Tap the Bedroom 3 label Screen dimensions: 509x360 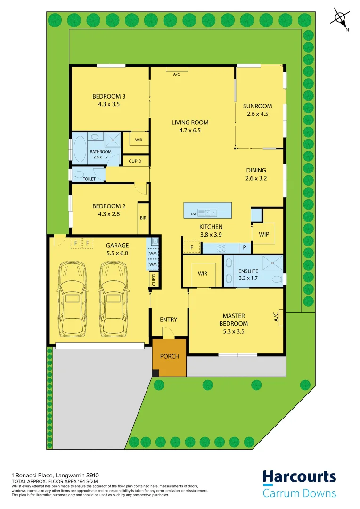click(x=109, y=97)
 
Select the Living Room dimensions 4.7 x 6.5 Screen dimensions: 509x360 click(x=189, y=131)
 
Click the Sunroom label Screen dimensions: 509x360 click(x=257, y=106)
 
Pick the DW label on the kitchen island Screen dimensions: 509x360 click(x=194, y=214)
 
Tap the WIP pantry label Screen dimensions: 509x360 click(x=264, y=234)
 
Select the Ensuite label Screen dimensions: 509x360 click(x=248, y=271)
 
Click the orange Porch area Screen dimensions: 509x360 click(x=170, y=356)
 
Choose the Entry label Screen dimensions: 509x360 click(x=169, y=320)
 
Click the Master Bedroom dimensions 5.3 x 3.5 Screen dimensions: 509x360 click(x=234, y=332)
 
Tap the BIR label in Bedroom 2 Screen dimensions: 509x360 click(x=143, y=218)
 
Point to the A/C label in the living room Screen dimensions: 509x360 click(x=177, y=74)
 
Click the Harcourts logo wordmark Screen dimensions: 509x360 click(x=299, y=477)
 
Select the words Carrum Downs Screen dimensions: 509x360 click(x=299, y=493)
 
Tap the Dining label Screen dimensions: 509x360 click(x=256, y=171)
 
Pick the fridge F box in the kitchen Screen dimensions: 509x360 click(x=192, y=247)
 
